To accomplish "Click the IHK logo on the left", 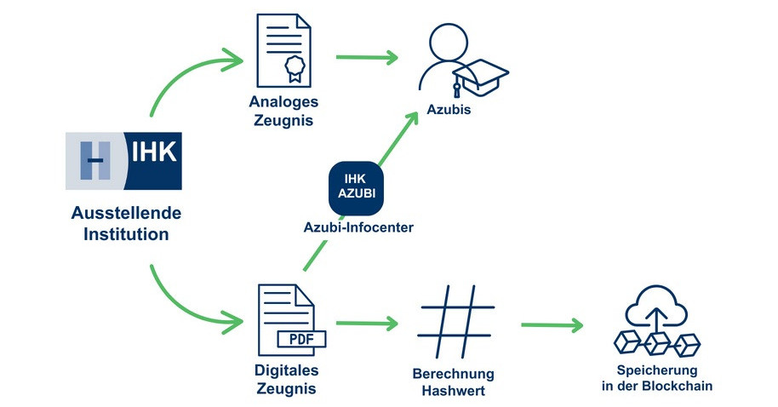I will (x=123, y=161).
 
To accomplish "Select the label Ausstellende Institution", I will (x=125, y=223).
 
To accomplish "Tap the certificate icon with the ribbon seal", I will (x=281, y=49).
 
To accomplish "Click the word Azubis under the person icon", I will (x=449, y=112).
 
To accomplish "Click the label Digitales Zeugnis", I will (x=285, y=381).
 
